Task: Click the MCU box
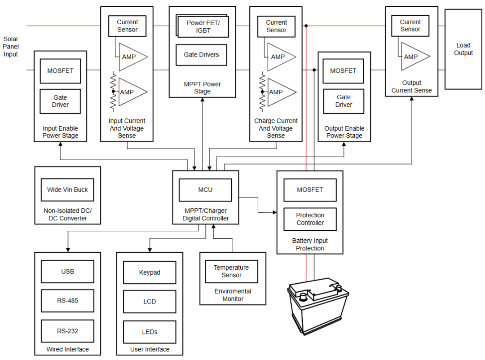click(x=205, y=190)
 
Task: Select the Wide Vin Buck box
click(x=67, y=190)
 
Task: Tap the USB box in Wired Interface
click(x=67, y=272)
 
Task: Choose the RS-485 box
click(x=67, y=301)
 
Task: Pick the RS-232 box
click(x=67, y=331)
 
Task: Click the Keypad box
click(x=150, y=272)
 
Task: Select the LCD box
click(x=150, y=302)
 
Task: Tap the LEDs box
click(x=150, y=332)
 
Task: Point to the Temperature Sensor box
click(x=231, y=272)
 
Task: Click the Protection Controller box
click(x=310, y=219)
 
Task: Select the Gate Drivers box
click(x=201, y=55)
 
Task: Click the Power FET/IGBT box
click(x=203, y=26)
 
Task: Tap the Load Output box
click(x=463, y=49)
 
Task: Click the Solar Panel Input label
click(x=11, y=47)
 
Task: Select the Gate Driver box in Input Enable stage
click(x=60, y=101)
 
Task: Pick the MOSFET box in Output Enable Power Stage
click(x=343, y=71)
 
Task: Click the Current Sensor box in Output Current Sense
click(x=410, y=26)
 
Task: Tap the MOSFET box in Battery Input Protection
click(x=310, y=190)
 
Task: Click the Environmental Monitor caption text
click(x=233, y=295)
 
